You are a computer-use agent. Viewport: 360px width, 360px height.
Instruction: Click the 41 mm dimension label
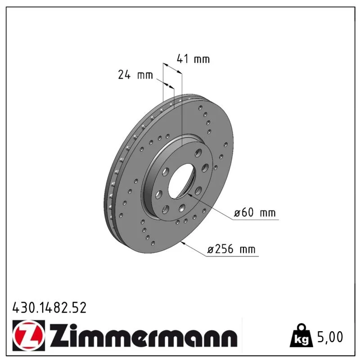click(193, 59)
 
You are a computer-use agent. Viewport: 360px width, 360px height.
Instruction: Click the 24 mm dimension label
click(135, 75)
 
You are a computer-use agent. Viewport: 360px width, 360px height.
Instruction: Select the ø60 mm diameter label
click(255, 212)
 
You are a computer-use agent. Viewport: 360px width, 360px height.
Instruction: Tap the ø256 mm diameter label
click(231, 249)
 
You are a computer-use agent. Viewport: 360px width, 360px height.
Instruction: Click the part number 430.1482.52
click(49, 308)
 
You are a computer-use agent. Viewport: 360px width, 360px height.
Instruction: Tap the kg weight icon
click(301, 336)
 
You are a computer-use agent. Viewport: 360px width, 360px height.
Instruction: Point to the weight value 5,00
click(330, 337)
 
